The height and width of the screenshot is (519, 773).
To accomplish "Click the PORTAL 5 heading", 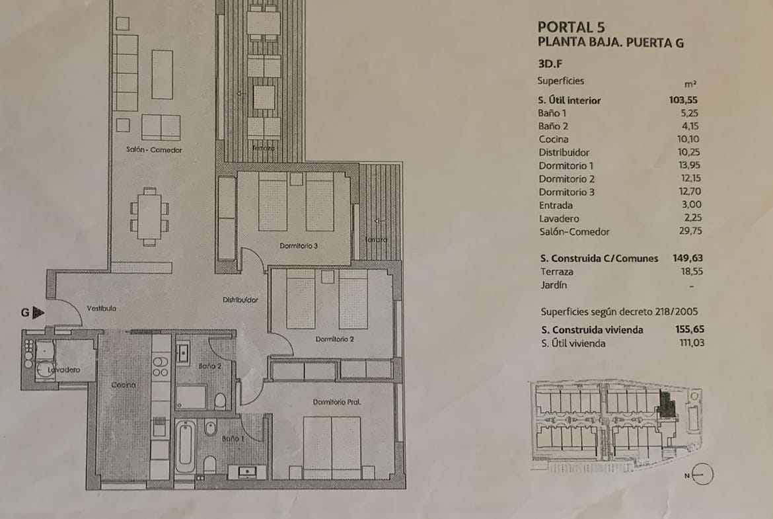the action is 571,26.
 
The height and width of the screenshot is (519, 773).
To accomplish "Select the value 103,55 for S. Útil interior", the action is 683,100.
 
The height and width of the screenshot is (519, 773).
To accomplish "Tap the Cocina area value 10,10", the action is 688,139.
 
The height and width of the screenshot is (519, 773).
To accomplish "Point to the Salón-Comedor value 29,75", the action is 690,231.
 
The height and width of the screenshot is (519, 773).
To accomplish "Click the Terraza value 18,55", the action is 692,271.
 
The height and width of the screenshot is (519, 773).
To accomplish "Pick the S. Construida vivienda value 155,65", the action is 690,329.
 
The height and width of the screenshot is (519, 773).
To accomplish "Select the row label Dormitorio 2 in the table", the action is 566,179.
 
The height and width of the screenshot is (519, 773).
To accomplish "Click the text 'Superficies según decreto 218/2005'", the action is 619,312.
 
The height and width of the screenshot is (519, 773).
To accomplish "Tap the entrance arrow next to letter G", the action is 38,312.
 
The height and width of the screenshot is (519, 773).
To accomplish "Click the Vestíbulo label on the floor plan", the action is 102,308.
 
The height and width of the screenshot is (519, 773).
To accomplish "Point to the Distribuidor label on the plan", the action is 240,299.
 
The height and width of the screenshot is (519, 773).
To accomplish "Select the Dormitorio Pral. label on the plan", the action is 337,402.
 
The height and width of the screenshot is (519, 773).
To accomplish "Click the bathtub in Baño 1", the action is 186,446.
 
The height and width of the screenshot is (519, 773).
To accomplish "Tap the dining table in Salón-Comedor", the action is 149,217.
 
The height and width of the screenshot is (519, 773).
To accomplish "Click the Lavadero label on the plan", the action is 64,370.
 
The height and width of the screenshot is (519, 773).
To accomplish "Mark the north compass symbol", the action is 702,475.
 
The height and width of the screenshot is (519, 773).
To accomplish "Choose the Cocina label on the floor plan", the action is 124,385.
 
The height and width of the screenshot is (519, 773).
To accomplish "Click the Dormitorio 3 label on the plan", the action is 299,246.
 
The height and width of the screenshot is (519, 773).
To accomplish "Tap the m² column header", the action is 690,85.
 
